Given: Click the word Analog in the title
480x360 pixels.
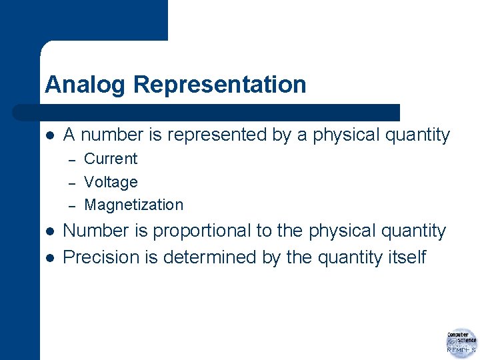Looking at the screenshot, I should [85, 85].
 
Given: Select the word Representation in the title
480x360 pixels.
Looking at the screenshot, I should [220, 85].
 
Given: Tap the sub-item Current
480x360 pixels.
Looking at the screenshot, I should [111, 159].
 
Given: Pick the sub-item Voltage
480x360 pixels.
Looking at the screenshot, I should [111, 182].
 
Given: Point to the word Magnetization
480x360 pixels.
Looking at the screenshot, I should [133, 205].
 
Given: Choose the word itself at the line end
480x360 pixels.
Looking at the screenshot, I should [406, 257].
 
